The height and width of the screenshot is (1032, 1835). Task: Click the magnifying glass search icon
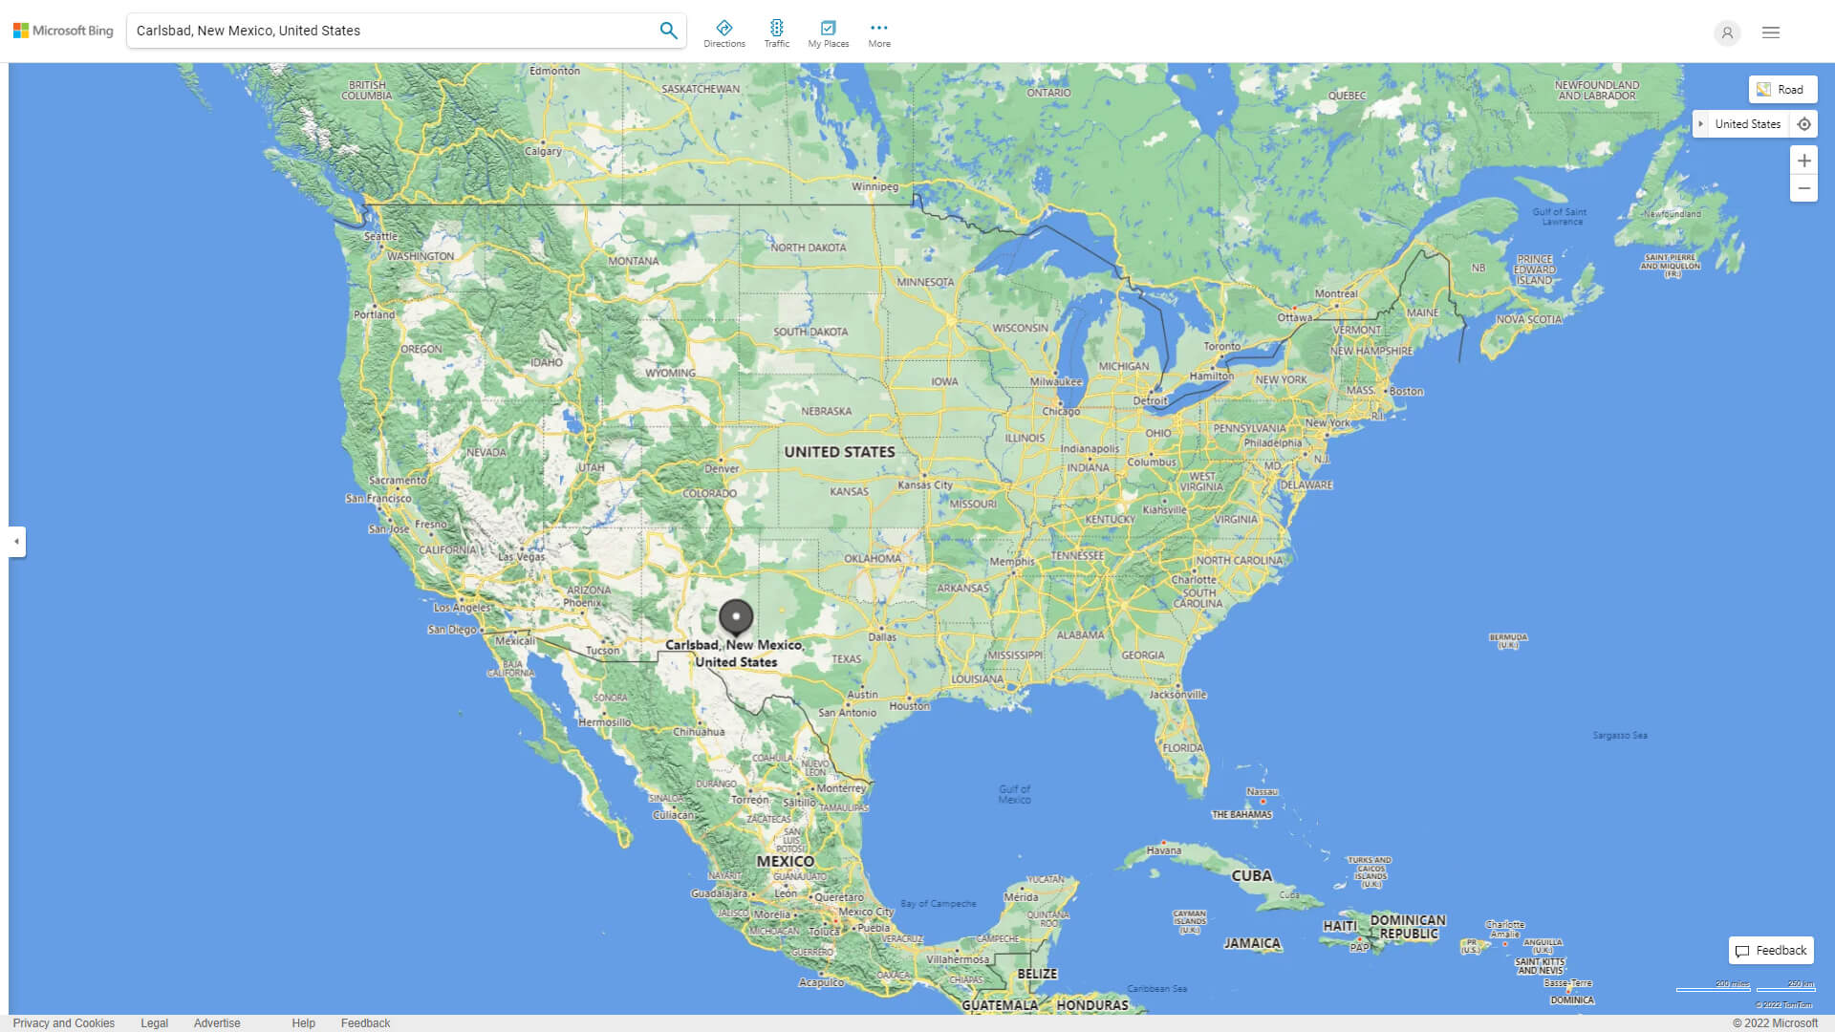668,31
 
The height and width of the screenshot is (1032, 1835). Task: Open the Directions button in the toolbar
724,33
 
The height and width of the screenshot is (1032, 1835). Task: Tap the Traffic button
777,33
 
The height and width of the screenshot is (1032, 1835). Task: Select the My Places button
828,33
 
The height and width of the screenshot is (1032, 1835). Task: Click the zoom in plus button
1803,161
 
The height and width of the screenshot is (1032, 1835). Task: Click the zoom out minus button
1803,188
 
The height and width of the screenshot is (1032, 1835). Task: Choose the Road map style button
1782,90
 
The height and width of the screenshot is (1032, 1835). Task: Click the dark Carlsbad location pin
736,617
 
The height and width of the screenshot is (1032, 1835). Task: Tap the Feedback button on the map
1771,951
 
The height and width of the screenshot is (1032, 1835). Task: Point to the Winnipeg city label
874,186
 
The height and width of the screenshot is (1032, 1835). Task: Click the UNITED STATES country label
839,452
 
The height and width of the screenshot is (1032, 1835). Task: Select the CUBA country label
1251,875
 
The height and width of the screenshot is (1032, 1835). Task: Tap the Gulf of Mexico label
1014,794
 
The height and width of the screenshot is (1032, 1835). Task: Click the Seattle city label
380,236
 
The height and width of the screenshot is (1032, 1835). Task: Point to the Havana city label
1163,850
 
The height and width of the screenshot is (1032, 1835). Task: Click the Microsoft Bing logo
63,31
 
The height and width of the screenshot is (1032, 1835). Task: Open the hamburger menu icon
1771,32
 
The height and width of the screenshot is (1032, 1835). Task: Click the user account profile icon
1727,32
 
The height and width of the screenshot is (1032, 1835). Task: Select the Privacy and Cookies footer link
64,1023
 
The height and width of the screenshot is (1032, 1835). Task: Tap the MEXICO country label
785,861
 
